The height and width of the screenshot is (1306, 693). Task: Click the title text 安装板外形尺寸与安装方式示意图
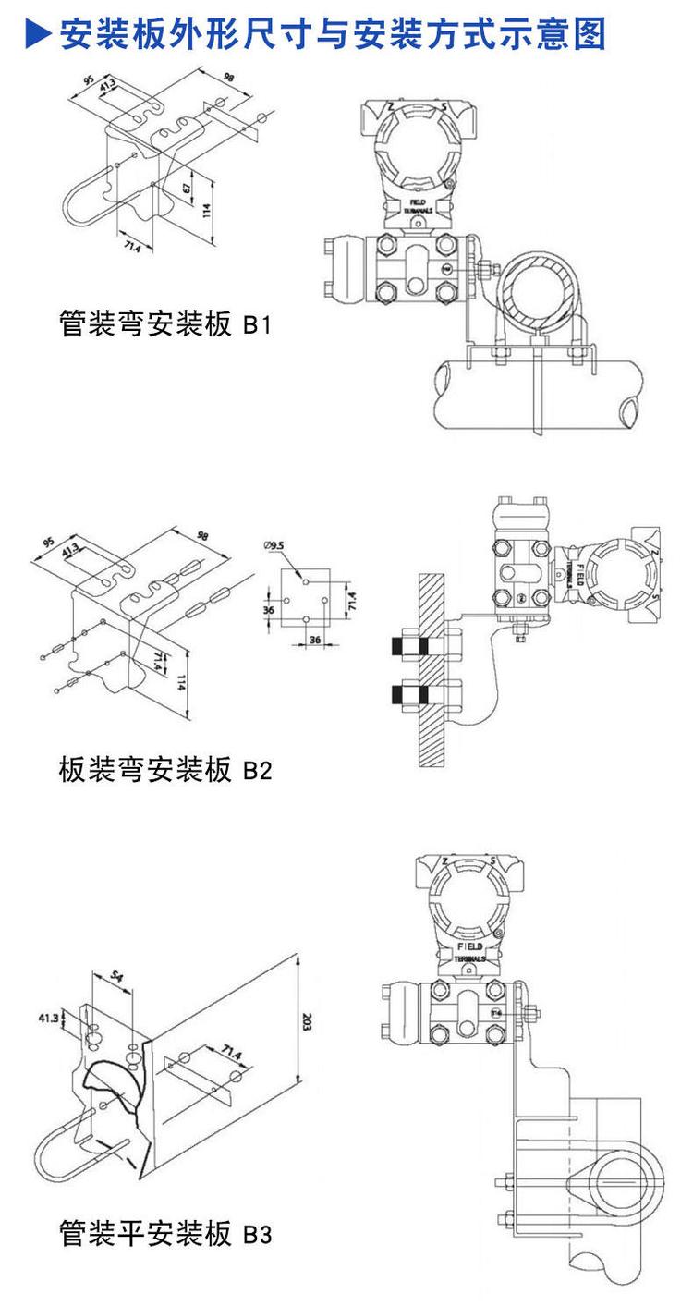point(333,34)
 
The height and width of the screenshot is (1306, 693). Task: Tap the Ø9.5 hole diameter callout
point(275,546)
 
